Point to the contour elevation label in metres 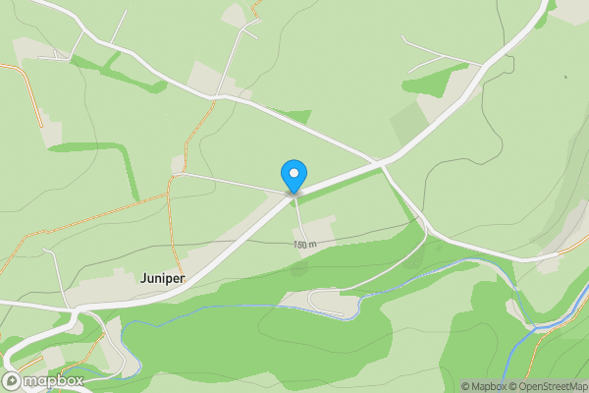point(305,245)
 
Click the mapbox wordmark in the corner point(53,380)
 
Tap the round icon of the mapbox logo point(12,380)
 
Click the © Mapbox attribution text point(484,386)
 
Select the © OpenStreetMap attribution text point(548,386)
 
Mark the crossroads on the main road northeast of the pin point(381,163)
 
